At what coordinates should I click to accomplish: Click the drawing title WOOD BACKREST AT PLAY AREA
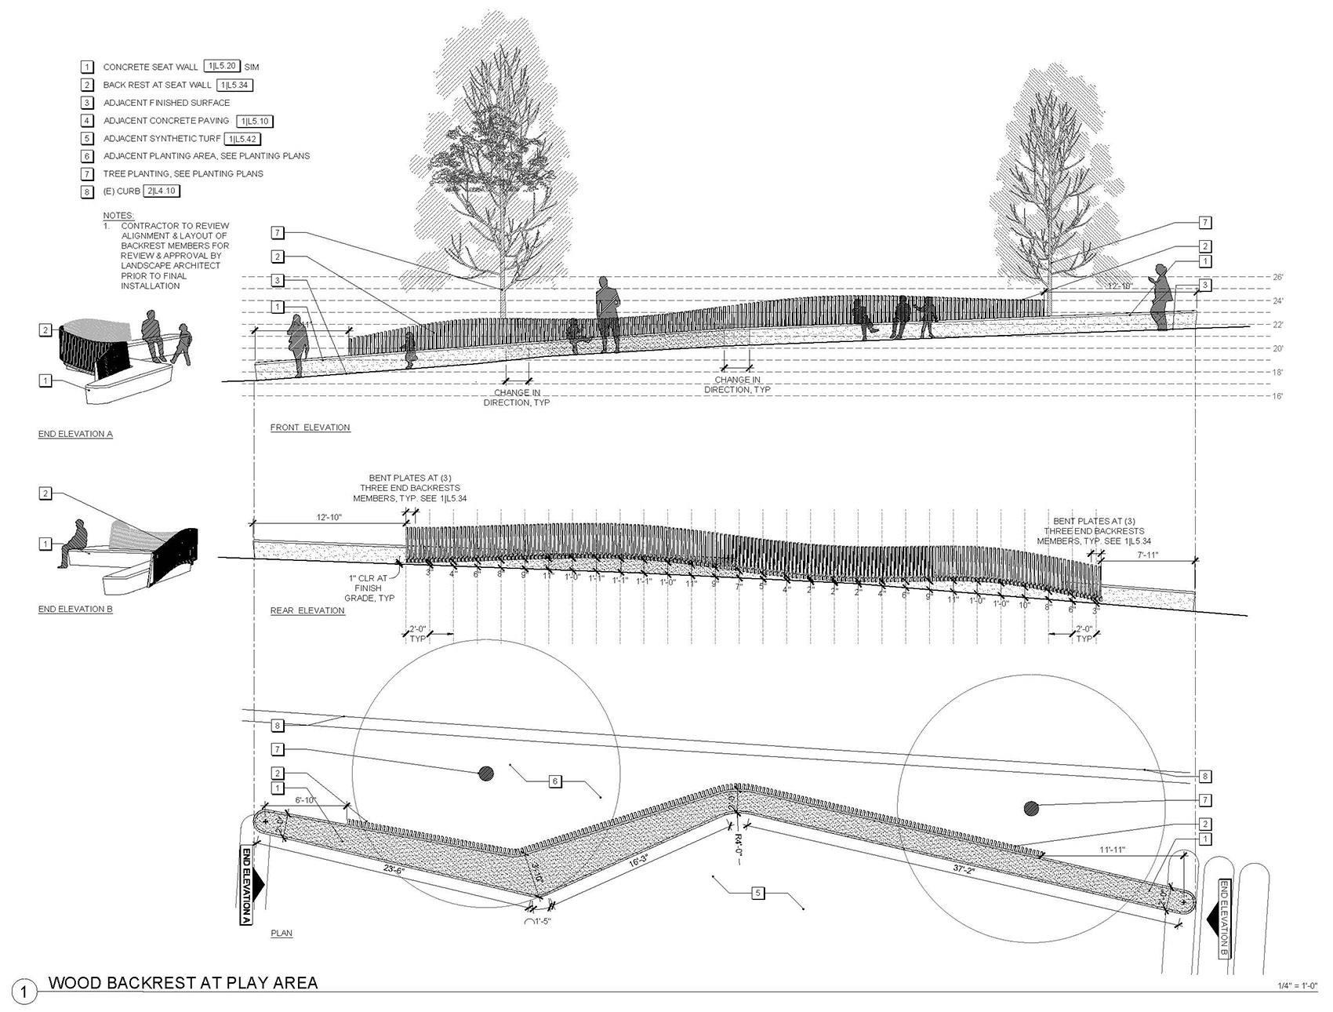click(x=183, y=983)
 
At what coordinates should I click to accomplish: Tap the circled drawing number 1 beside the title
click(x=25, y=992)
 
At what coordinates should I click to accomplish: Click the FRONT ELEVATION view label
click(x=310, y=428)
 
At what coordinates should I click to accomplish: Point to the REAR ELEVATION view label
click(x=307, y=610)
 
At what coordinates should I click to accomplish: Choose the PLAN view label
click(x=281, y=934)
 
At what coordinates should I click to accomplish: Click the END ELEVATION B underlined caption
click(x=75, y=609)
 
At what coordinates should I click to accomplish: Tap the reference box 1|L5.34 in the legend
click(x=234, y=85)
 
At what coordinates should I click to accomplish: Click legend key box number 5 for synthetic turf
click(x=87, y=139)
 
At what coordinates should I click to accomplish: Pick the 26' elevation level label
click(x=1277, y=278)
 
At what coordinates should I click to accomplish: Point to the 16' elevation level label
click(x=1277, y=396)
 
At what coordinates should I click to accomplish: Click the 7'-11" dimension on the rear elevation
click(x=1146, y=555)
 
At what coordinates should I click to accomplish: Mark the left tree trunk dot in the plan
click(x=486, y=774)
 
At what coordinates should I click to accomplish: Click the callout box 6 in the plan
click(x=555, y=781)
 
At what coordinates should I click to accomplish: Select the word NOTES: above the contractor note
click(x=118, y=215)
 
